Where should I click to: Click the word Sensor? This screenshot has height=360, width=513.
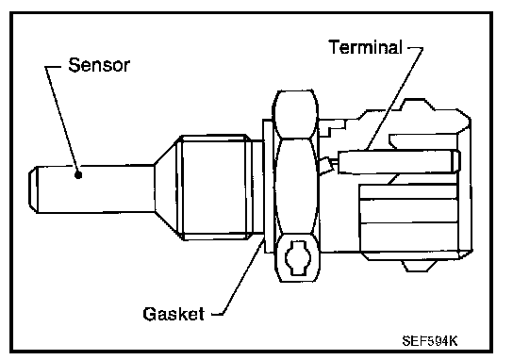pos(99,65)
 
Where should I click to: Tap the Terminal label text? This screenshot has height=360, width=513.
pos(366,47)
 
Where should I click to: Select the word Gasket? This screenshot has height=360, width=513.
pos(174,314)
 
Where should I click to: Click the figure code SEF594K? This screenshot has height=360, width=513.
pos(430,341)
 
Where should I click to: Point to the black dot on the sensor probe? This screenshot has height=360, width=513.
pos(78,175)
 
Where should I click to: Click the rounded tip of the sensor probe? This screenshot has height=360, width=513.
pos(33,189)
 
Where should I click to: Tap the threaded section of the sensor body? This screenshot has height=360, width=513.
pos(214,188)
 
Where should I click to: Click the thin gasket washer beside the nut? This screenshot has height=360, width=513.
pos(268,186)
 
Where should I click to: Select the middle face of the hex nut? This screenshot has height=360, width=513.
pos(296,186)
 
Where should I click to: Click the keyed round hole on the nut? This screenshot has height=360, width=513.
pos(297,257)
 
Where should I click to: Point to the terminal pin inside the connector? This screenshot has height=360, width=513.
pos(399,161)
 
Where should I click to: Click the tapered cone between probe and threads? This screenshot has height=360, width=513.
pos(167,189)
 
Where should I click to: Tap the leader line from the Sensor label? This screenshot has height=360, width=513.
pos(61,121)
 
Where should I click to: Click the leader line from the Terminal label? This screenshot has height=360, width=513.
pos(394,98)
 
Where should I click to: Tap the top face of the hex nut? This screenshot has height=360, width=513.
pos(296,114)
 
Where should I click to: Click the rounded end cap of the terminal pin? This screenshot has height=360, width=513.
pos(456,161)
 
